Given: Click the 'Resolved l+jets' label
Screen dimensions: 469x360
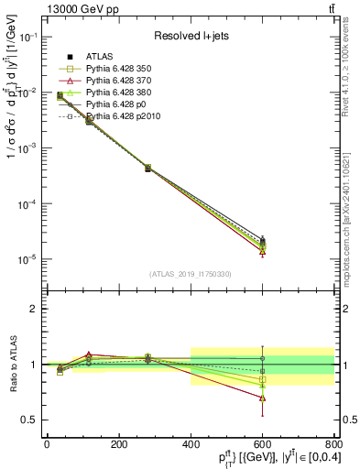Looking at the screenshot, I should click(x=191, y=36).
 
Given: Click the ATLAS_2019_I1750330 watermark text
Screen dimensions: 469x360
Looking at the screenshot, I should click(x=191, y=274).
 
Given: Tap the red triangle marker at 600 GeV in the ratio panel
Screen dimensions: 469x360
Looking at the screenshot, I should click(x=263, y=398).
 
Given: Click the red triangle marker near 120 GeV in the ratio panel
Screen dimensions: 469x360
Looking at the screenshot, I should click(x=89, y=354).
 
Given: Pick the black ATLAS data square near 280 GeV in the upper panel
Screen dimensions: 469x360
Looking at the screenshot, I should click(x=147, y=169).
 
